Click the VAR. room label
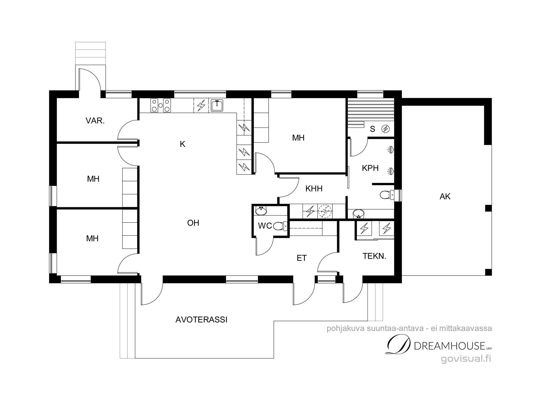click(95, 121)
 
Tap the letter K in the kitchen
click(183, 144)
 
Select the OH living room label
click(193, 223)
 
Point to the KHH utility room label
click(314, 188)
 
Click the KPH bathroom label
click(370, 168)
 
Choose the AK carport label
click(445, 197)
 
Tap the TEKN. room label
click(374, 256)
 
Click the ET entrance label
click(302, 258)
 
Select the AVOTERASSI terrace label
click(201, 320)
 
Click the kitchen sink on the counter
click(217, 106)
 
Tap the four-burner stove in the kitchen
click(161, 105)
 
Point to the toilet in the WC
click(280, 226)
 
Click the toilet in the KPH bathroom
click(386, 194)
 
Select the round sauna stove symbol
click(385, 129)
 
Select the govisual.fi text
click(466, 359)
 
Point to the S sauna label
click(372, 129)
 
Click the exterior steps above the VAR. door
click(90, 54)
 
